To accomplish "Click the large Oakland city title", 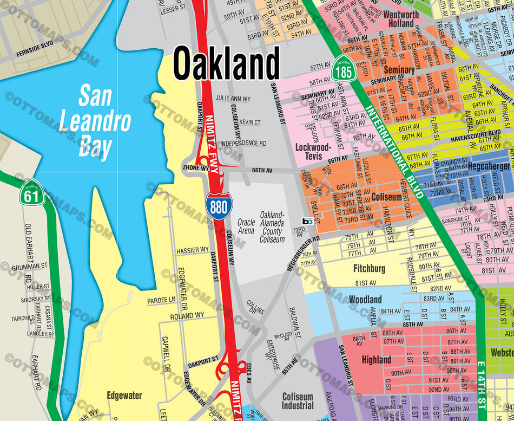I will [x=226, y=63].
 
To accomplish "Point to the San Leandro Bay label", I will [x=96, y=122].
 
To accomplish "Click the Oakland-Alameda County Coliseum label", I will [x=272, y=227].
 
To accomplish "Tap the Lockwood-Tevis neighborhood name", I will [x=312, y=151].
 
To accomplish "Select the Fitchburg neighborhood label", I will [x=369, y=268].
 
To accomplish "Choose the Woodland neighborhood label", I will [x=365, y=299].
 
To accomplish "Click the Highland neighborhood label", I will [x=376, y=359].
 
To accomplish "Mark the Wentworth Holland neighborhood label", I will [x=400, y=19].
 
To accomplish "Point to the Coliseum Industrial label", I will [x=298, y=401].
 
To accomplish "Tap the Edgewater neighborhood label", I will [x=124, y=395].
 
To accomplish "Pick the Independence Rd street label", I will [x=243, y=143].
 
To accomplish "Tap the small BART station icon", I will [x=307, y=221].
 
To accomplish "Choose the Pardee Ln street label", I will [x=161, y=300].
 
